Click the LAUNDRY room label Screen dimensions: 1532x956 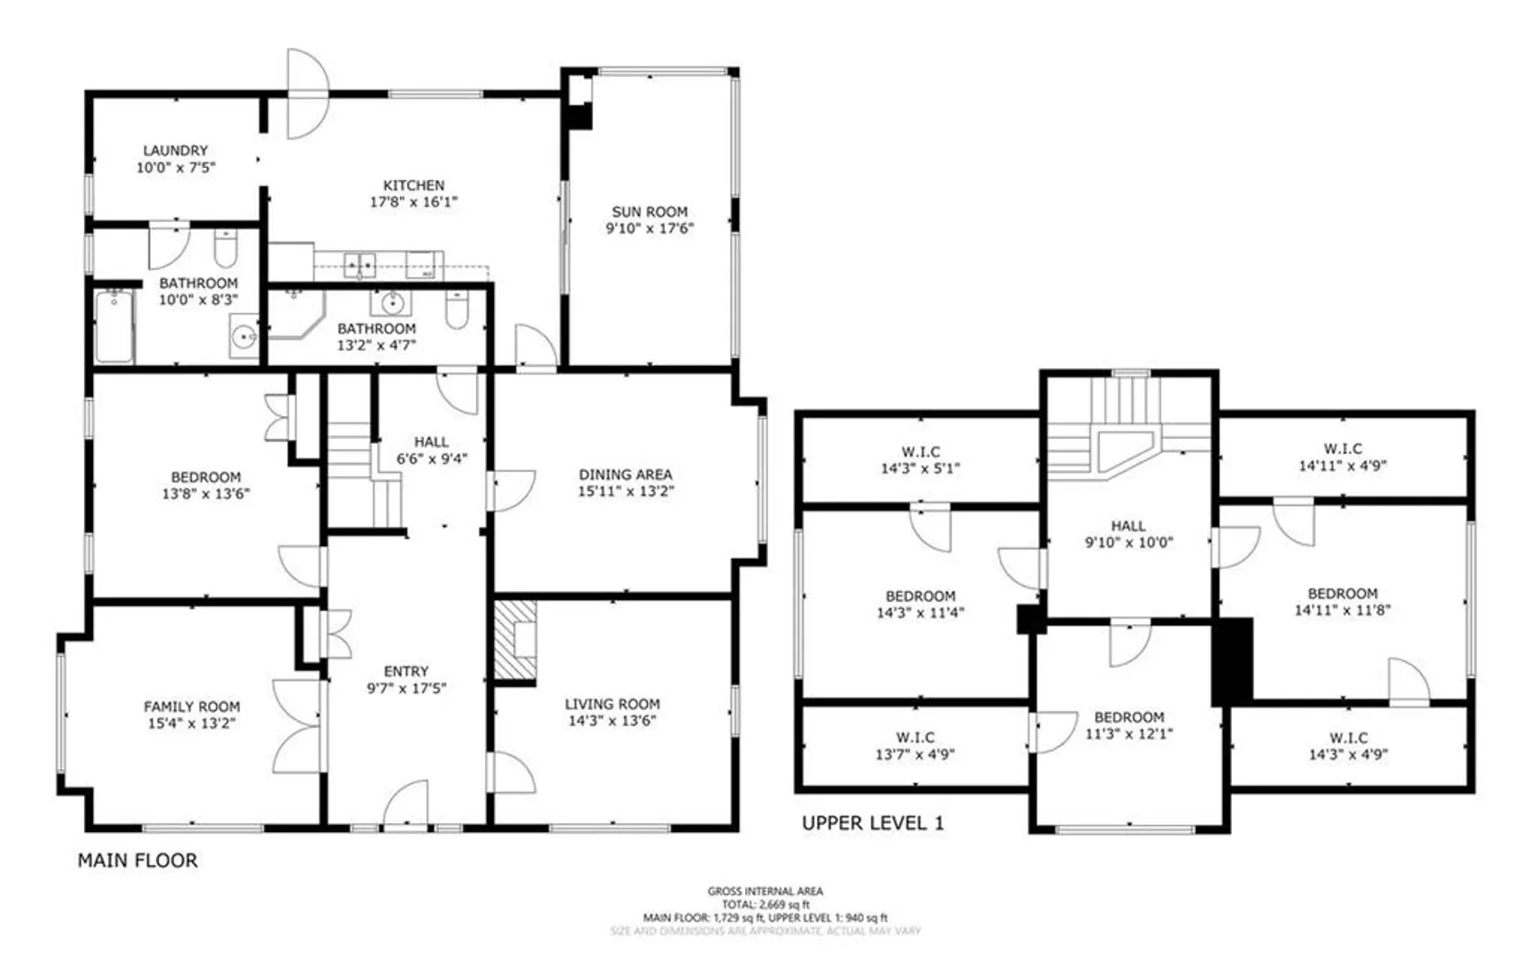click(175, 150)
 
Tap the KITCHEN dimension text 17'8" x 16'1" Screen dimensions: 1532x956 click(413, 202)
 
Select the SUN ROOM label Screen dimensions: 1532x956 click(650, 212)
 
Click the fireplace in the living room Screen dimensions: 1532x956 click(515, 642)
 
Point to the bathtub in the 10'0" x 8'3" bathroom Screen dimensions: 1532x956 click(114, 326)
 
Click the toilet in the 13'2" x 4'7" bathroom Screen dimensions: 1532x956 click(457, 309)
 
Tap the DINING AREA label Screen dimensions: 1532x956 click(626, 474)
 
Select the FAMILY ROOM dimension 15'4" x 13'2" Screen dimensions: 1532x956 click(191, 723)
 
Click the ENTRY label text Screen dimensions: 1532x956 click(406, 671)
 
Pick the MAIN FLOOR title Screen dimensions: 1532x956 click(138, 860)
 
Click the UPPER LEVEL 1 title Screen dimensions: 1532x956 click(873, 823)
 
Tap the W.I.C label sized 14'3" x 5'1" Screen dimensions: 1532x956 click(920, 451)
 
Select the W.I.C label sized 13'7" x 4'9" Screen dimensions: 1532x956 click(915, 737)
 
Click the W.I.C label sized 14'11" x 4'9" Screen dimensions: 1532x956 click(1343, 449)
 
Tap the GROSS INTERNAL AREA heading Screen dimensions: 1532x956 click(766, 891)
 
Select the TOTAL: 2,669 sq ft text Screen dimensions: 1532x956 click(766, 905)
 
